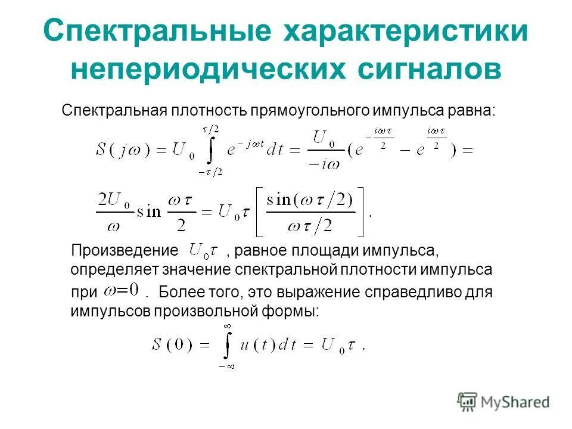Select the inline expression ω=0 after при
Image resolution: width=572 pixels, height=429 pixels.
[120, 291]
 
